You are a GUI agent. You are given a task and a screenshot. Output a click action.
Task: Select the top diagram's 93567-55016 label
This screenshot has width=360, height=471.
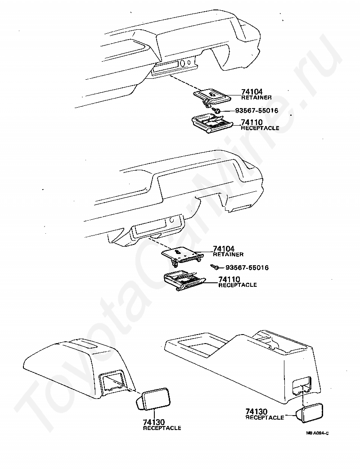pos(256,110)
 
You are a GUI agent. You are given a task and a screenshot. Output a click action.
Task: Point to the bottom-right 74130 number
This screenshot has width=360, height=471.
pos(257,412)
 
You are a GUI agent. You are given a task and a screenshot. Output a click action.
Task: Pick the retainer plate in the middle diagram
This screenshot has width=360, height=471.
pos(180,255)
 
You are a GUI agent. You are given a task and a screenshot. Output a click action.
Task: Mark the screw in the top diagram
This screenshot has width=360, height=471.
pos(217,111)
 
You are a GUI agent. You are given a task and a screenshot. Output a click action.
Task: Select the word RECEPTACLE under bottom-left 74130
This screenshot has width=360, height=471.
pos(162,428)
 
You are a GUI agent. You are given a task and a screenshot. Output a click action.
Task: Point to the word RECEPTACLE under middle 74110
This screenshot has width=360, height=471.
pos(238,285)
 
